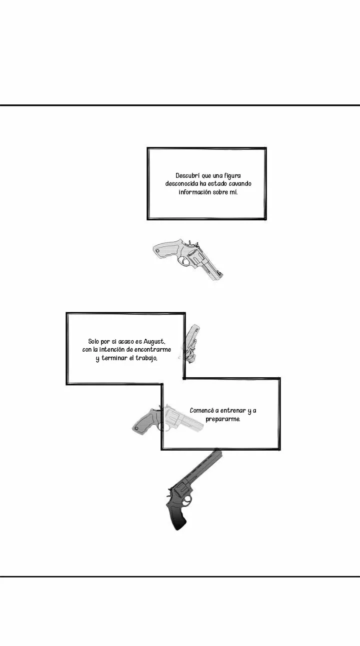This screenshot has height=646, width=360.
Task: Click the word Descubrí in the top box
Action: [x=186, y=176]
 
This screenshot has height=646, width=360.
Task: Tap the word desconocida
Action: [x=181, y=184]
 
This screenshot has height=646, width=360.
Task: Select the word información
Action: [x=195, y=192]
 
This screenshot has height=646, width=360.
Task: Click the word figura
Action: [x=232, y=176]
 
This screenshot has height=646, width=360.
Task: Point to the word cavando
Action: [x=240, y=184]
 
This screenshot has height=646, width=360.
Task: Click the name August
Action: [x=154, y=342]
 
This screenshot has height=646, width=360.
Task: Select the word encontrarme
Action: [x=152, y=350]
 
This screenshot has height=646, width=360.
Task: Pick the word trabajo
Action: [x=146, y=358]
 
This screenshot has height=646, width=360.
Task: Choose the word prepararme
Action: [x=223, y=419]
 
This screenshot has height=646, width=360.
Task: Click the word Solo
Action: [x=93, y=342]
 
